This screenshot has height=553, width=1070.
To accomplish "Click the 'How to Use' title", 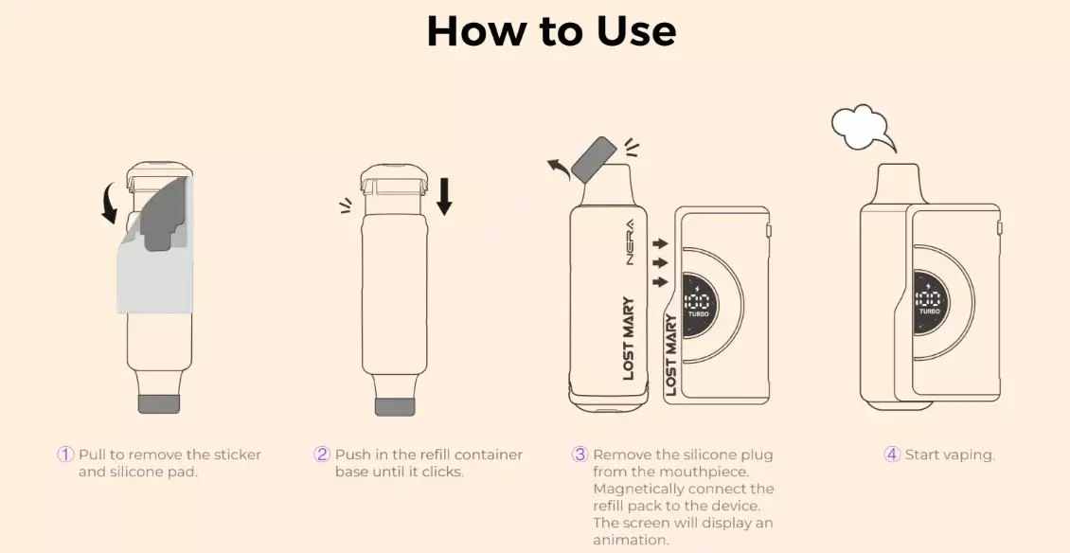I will point(551,30).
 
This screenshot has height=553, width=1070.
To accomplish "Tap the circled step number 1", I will point(65,455).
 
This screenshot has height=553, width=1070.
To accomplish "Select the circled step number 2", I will point(322,455).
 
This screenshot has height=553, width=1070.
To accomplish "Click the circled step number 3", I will point(580,455).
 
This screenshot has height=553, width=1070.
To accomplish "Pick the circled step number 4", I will point(892,455).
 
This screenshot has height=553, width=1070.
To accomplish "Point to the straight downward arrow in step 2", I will point(444,195).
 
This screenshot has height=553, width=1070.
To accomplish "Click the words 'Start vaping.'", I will point(950,455).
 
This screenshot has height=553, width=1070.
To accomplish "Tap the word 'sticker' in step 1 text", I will point(231,455).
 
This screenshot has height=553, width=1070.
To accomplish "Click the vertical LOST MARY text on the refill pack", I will point(629,339).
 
